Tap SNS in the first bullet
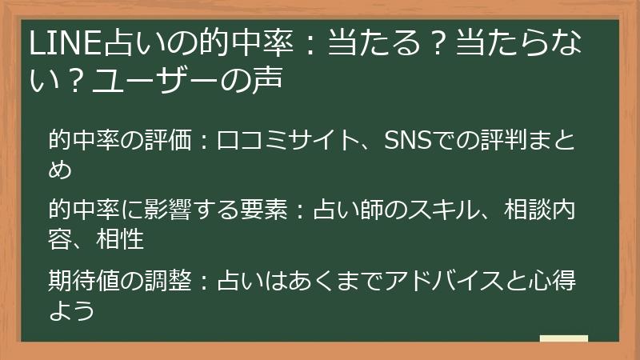pos(407,142)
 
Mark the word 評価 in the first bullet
pos(169,142)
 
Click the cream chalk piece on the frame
pos(563,339)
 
